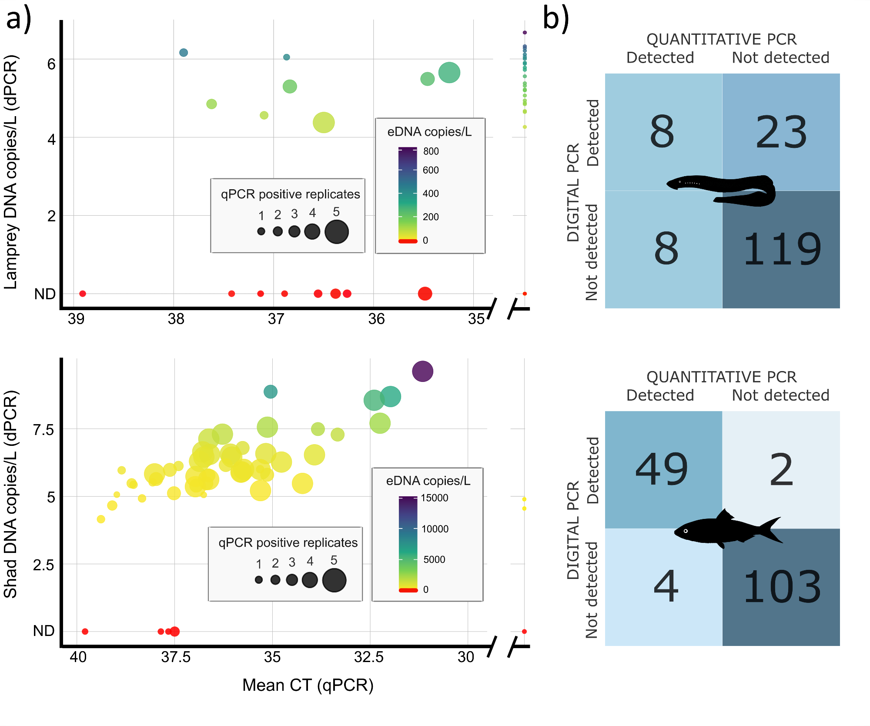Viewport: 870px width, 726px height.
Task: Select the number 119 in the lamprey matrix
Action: [782, 249]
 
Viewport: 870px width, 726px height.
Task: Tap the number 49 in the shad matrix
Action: [662, 470]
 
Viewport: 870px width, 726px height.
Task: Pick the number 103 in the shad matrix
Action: [782, 587]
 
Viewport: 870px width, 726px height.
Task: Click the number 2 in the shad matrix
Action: [781, 470]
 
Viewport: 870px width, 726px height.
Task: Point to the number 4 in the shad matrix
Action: [666, 587]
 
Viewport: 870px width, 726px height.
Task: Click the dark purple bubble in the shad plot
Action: [422, 371]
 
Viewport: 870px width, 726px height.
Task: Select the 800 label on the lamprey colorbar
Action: [431, 151]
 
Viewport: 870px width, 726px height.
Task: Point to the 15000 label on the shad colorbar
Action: [434, 498]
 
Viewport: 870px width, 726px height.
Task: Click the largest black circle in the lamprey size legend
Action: [337, 231]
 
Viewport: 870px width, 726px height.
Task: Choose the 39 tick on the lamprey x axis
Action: [76, 319]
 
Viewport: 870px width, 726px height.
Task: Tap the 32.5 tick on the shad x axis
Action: [369, 657]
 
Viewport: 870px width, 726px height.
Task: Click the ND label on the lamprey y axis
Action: [45, 294]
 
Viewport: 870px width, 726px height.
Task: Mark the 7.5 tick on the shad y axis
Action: [43, 430]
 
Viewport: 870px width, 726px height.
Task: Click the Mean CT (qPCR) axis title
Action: [308, 685]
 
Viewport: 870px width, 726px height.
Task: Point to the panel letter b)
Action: [556, 19]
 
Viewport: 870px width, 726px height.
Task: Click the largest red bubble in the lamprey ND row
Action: [425, 294]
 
